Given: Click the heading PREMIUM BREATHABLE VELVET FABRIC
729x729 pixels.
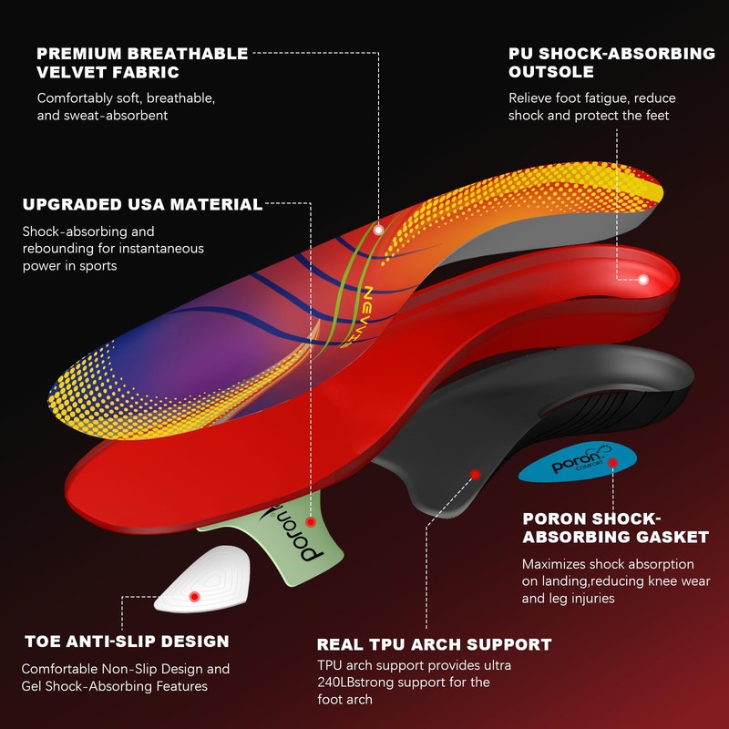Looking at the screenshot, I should (141, 63).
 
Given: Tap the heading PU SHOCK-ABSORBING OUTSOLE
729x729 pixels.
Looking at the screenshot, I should (611, 63).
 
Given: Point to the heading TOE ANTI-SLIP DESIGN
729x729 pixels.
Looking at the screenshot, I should (126, 642).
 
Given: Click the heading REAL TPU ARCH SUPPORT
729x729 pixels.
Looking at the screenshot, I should (434, 644).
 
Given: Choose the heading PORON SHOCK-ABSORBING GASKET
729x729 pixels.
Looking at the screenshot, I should (615, 527).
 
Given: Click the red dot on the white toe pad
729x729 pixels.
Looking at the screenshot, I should (194, 596).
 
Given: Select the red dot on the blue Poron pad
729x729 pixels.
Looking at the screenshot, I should (613, 463).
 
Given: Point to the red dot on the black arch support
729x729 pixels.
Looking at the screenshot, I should (474, 474).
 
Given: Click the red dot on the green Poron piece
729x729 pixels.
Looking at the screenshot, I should (311, 523).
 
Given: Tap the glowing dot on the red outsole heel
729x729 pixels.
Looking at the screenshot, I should (644, 280).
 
